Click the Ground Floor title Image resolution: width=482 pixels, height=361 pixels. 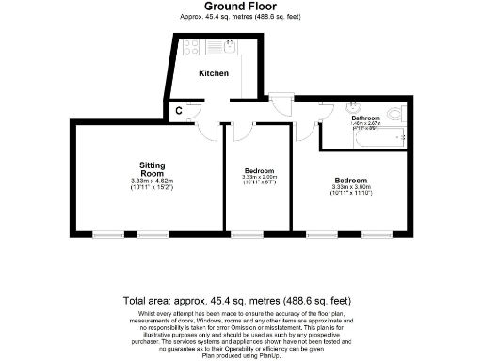[x=241, y=6]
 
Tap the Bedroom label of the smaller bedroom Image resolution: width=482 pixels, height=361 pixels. [x=257, y=170]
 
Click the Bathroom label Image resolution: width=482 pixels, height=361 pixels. [x=365, y=118]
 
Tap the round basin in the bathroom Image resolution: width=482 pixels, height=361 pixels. [x=348, y=106]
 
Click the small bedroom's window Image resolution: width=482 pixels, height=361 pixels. [x=246, y=232]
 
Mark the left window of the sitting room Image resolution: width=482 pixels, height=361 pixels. [x=106, y=232]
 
